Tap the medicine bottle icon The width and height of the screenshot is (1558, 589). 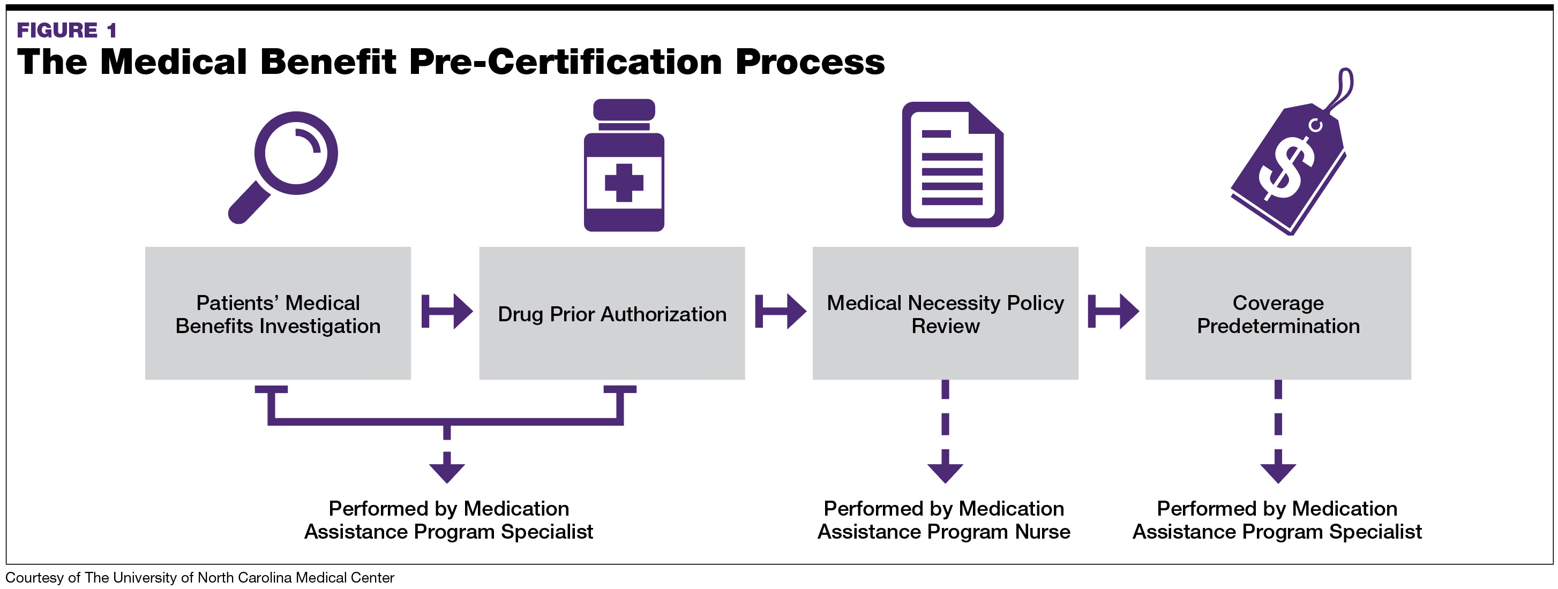pos(624,167)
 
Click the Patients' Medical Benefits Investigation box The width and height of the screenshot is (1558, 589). pos(278,313)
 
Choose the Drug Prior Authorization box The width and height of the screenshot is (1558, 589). pos(611,313)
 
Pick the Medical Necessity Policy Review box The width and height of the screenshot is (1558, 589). pos(945,313)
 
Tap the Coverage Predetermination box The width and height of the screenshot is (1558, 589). pos(1278,313)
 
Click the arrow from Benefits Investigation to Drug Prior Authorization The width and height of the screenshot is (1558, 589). pos(447,312)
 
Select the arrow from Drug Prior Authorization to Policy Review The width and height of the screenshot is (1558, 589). pos(780,312)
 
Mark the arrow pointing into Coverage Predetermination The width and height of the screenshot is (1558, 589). pos(1113,312)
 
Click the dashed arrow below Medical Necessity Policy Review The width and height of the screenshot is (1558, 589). pos(945,432)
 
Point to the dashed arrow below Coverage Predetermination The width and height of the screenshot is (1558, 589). pos(1278,432)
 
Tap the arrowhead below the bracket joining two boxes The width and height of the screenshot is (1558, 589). pos(447,471)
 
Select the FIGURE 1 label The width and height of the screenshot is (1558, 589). pos(66,29)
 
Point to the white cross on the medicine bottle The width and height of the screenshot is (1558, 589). pos(624,182)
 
